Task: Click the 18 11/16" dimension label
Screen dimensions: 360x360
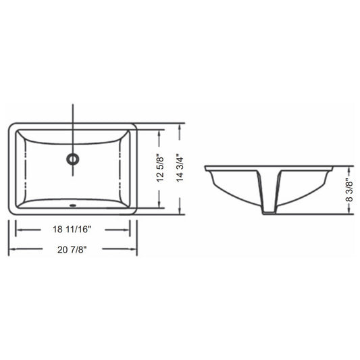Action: tap(72, 229)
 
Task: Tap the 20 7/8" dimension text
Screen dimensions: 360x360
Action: tap(72, 249)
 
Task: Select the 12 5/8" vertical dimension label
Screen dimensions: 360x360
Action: tap(160, 170)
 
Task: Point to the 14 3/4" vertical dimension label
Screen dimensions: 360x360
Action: tap(180, 170)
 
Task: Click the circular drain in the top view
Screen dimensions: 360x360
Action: tap(73, 159)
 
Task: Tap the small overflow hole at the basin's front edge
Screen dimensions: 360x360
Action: tap(73, 205)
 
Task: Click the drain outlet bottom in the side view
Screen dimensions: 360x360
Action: tap(269, 213)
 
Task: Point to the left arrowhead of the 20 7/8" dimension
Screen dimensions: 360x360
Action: tap(11, 249)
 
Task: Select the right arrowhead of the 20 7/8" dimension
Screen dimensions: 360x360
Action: tap(134, 249)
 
